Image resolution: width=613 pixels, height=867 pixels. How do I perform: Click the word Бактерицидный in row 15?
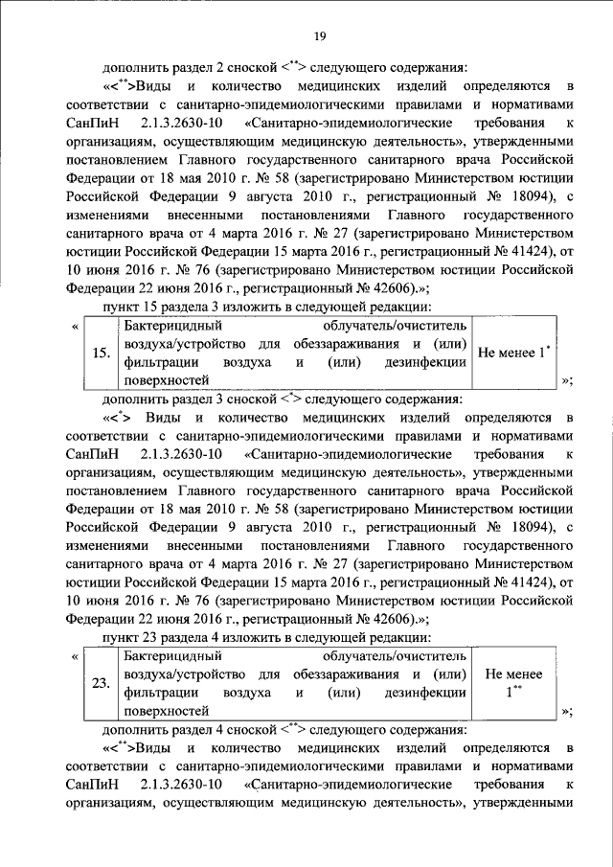(x=168, y=328)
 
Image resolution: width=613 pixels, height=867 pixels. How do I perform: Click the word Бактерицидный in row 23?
(x=168, y=656)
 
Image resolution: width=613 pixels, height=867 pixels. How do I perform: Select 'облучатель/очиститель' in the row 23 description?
(x=401, y=656)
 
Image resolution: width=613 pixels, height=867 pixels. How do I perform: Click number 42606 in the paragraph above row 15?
(x=373, y=286)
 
